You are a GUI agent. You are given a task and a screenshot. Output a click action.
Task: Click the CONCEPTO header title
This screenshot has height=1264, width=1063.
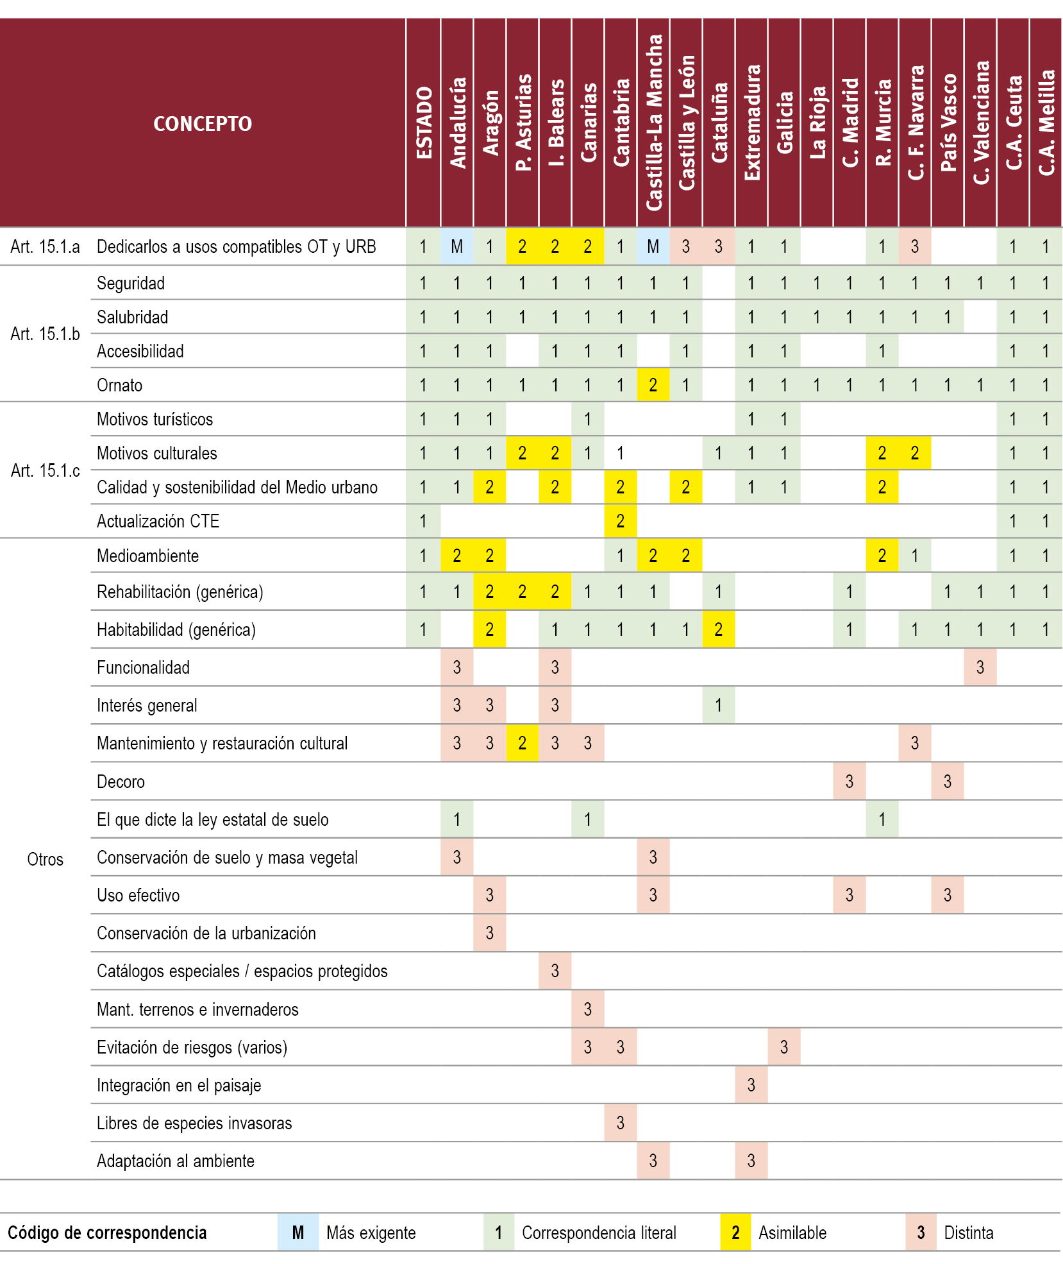(x=203, y=123)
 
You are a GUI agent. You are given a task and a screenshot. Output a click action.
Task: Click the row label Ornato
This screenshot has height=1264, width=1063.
(x=120, y=385)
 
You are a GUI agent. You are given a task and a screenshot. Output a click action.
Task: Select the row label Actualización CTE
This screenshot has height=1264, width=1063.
(x=158, y=521)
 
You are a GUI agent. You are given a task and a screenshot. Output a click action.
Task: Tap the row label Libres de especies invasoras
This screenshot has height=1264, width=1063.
(x=194, y=1123)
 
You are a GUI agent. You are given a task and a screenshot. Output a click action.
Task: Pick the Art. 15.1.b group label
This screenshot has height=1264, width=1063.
(x=45, y=334)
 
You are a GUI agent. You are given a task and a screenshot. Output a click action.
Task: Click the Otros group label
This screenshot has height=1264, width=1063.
(x=45, y=859)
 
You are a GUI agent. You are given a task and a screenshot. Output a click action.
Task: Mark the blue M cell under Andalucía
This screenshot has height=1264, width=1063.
(x=457, y=246)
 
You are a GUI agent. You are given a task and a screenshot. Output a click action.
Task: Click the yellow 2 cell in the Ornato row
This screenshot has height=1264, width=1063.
(x=653, y=385)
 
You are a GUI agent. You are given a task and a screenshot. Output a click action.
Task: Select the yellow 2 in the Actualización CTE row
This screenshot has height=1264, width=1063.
(x=621, y=521)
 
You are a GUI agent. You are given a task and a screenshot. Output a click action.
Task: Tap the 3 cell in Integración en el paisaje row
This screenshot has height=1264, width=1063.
(x=751, y=1085)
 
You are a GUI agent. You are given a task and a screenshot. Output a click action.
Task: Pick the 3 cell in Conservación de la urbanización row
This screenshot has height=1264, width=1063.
(x=490, y=933)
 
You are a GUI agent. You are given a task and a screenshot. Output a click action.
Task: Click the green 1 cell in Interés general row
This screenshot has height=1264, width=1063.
(x=719, y=705)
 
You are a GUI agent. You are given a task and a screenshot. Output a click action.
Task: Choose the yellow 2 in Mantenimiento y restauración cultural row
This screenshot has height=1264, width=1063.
(x=523, y=743)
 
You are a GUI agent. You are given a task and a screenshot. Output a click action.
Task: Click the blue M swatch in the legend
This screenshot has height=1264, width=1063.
(x=298, y=1233)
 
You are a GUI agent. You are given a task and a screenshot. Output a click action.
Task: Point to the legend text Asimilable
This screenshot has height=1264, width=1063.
(x=792, y=1233)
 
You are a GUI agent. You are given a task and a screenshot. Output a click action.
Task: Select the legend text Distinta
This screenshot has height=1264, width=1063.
(x=969, y=1233)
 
